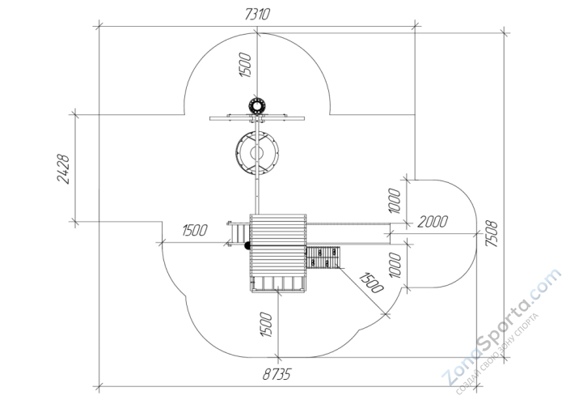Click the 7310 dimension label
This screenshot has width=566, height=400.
(257, 15)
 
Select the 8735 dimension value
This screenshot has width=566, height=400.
(277, 375)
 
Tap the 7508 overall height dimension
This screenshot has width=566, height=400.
(492, 234)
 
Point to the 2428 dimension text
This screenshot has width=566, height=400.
(63, 169)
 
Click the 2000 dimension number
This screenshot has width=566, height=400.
(433, 222)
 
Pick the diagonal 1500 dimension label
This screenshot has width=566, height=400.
(371, 283)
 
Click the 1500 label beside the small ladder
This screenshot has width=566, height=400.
(195, 230)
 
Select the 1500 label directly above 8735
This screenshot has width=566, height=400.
(265, 325)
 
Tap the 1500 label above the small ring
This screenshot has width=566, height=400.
(245, 65)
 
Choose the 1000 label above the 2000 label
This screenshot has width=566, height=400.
(395, 201)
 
